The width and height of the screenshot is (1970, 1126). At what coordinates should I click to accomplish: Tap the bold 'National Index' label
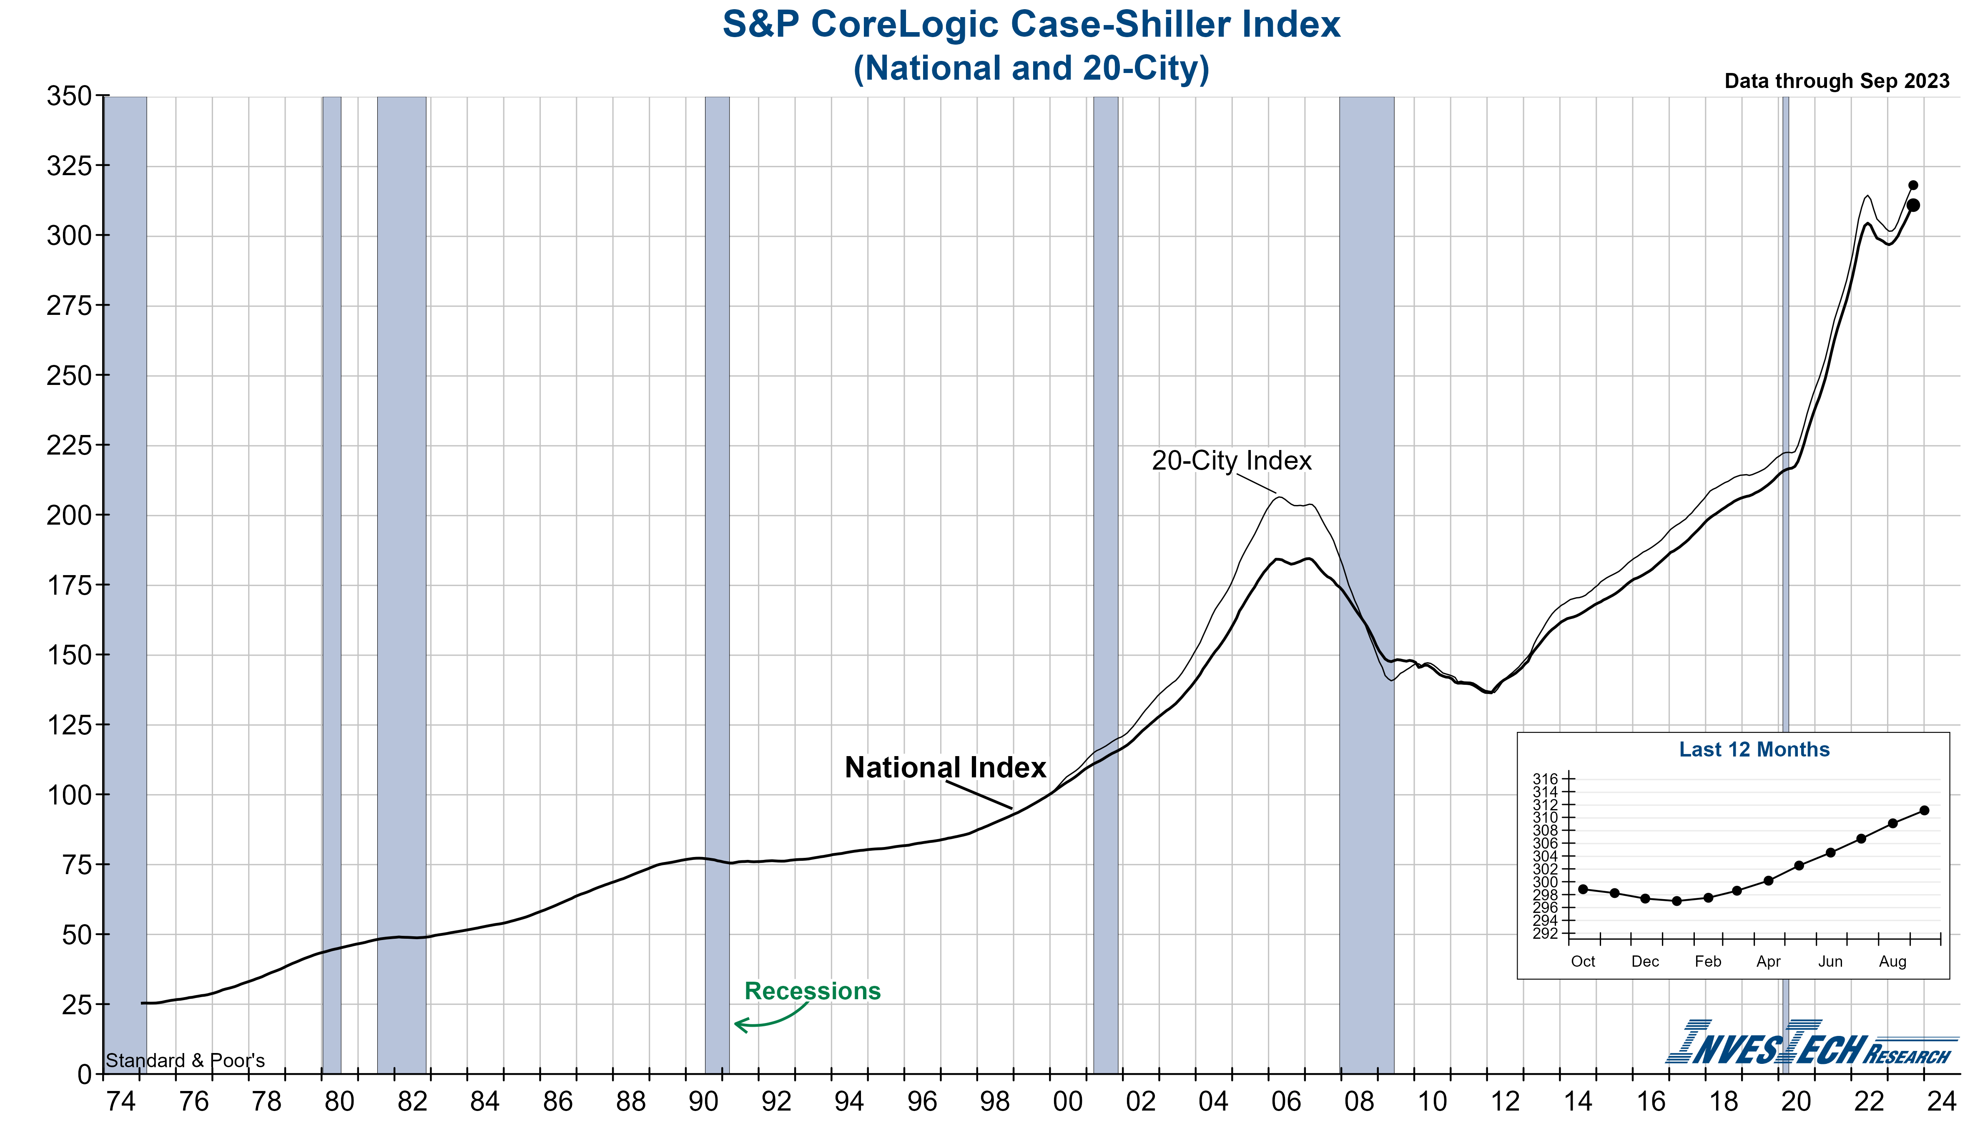945,768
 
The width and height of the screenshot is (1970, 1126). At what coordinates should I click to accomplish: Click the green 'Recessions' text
812,991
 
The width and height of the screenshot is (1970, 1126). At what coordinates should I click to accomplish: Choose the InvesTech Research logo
1809,1044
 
